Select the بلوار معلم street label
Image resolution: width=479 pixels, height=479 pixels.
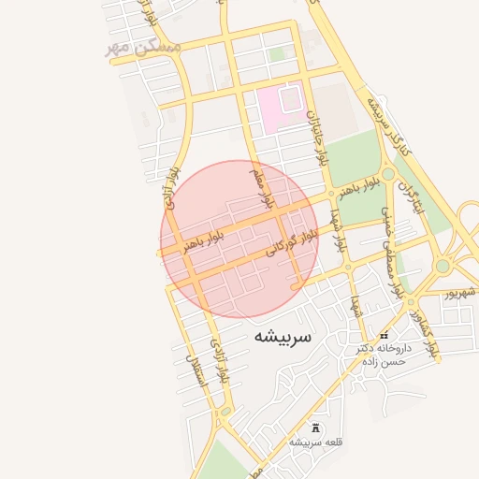point(261,187)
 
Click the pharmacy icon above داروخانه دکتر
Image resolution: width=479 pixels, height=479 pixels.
point(383,335)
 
